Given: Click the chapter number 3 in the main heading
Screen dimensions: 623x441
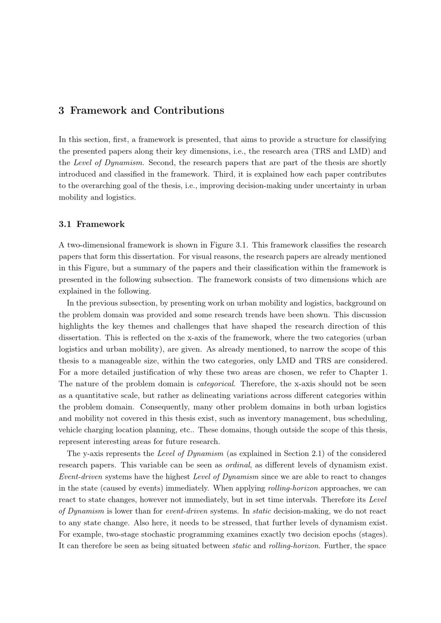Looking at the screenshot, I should pyautogui.click(x=61, y=111).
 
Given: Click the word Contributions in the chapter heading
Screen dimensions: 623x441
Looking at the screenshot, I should pyautogui.click(x=189, y=111).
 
